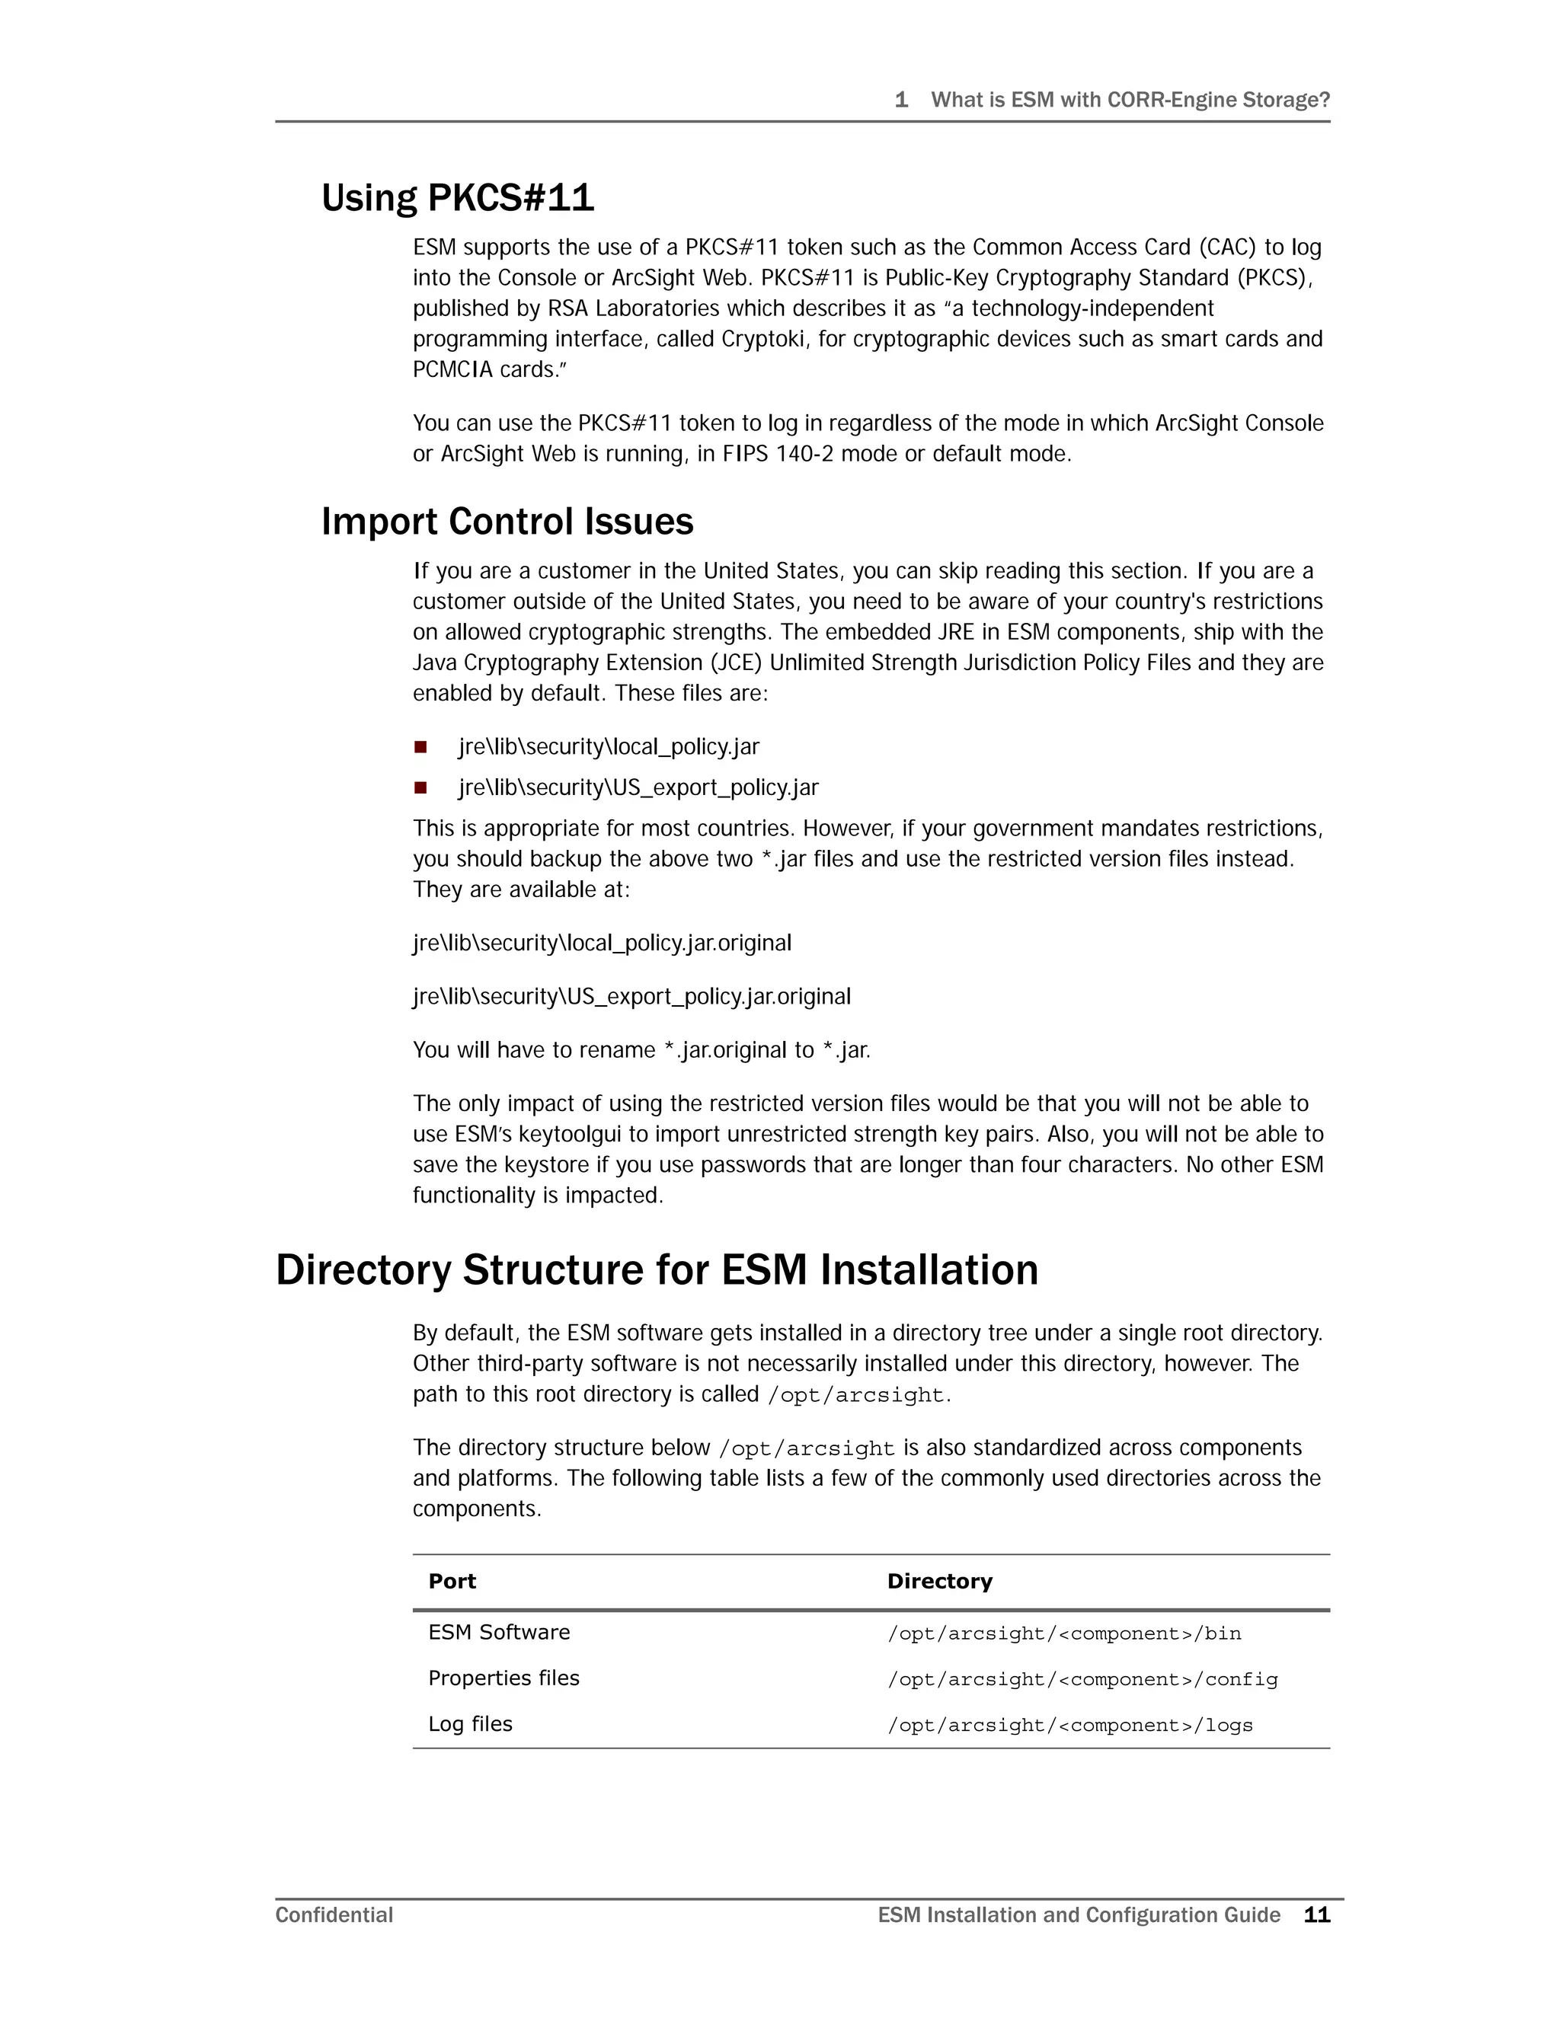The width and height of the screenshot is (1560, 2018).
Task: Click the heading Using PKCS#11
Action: tap(458, 198)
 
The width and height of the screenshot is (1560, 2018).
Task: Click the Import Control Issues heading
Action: tap(507, 522)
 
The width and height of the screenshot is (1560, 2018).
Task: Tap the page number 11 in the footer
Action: tap(1316, 1914)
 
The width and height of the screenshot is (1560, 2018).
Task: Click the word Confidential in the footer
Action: tap(334, 1914)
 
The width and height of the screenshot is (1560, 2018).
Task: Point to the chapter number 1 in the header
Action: tap(901, 100)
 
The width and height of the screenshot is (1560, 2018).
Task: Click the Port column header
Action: tap(452, 1581)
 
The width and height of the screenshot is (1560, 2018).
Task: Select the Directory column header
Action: tap(939, 1581)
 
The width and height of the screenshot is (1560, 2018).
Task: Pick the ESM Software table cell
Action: tap(499, 1632)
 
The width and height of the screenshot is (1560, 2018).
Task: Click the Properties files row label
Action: tap(503, 1678)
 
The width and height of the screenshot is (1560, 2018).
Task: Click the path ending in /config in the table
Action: tap(1082, 1680)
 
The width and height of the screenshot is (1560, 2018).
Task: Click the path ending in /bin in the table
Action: tap(1063, 1633)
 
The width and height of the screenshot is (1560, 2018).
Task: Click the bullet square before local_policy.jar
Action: tap(420, 746)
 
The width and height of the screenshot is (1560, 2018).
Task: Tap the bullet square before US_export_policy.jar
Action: tap(420, 787)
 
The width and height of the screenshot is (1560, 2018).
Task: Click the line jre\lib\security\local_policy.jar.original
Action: tap(602, 944)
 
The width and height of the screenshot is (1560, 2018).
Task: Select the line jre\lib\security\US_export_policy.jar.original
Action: tap(631, 997)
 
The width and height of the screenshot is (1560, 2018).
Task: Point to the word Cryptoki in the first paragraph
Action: tap(762, 339)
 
